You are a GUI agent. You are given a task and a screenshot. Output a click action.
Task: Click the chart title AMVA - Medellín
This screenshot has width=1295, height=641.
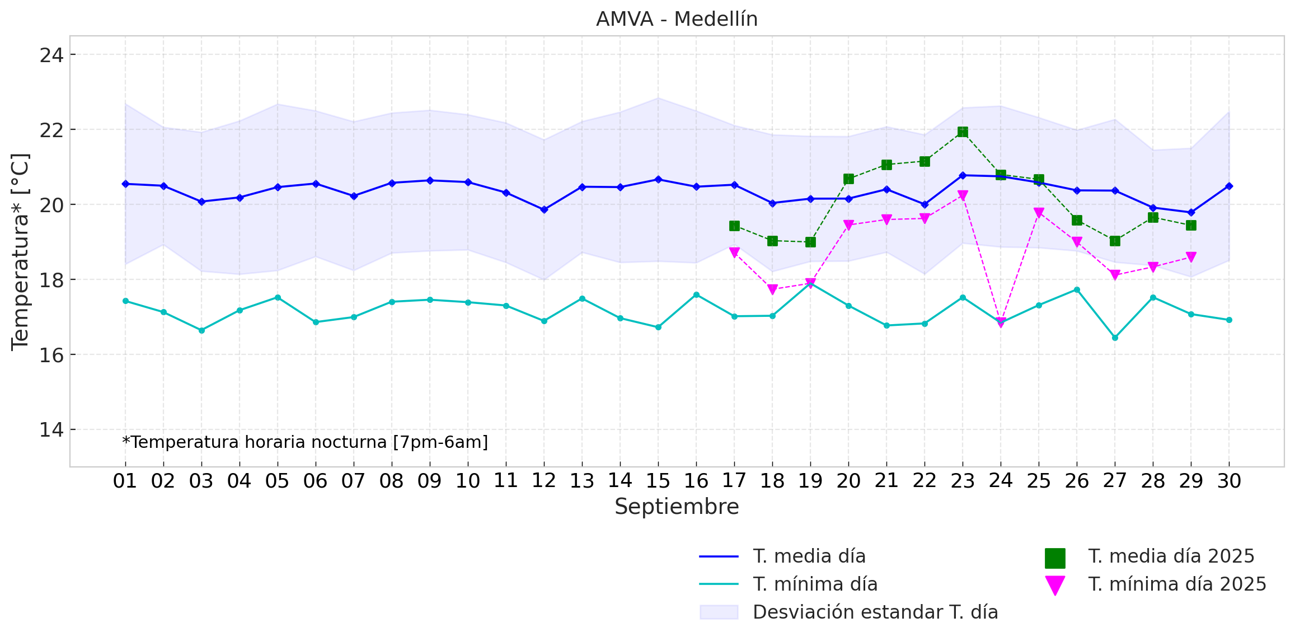tap(677, 20)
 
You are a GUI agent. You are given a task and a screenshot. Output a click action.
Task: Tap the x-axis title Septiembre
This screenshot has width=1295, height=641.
tap(677, 507)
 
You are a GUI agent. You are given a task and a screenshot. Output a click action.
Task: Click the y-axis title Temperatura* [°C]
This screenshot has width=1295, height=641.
tap(20, 252)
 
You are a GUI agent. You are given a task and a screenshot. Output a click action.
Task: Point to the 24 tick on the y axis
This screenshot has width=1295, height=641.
tap(51, 55)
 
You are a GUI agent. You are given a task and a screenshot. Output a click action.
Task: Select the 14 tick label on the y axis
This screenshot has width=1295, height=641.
tap(51, 430)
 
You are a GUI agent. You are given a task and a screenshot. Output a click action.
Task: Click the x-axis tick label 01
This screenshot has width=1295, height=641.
tap(125, 481)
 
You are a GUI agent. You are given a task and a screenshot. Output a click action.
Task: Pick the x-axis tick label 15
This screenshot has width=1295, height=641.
tap(658, 481)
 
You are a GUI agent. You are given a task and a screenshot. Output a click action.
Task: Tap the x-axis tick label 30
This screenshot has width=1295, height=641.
tap(1229, 481)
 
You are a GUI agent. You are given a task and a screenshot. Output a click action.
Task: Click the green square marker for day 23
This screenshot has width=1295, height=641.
tap(963, 132)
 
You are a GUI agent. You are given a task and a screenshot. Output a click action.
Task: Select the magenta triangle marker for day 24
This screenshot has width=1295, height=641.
tap(1001, 322)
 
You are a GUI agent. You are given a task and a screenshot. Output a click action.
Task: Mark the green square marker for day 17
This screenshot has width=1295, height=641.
tap(734, 226)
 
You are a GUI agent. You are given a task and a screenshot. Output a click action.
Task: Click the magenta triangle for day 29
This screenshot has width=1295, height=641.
tap(1191, 257)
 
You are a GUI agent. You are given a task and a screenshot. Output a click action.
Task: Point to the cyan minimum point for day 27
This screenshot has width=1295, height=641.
tap(1115, 338)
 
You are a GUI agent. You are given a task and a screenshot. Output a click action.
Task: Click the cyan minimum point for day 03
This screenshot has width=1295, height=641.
tap(201, 330)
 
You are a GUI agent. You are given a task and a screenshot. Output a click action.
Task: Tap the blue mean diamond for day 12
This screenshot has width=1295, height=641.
tap(544, 210)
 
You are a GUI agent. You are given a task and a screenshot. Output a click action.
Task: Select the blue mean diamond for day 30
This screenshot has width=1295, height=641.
tap(1229, 186)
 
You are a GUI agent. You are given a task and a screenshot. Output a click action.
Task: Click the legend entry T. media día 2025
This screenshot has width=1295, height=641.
tap(1171, 556)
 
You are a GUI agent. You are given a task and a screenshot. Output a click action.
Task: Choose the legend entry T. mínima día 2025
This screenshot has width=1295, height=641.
tap(1176, 584)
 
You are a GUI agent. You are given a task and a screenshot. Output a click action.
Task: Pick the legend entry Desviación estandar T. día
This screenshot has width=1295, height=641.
tap(875, 612)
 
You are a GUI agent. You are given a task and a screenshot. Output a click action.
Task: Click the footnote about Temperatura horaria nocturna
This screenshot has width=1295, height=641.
tap(305, 442)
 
